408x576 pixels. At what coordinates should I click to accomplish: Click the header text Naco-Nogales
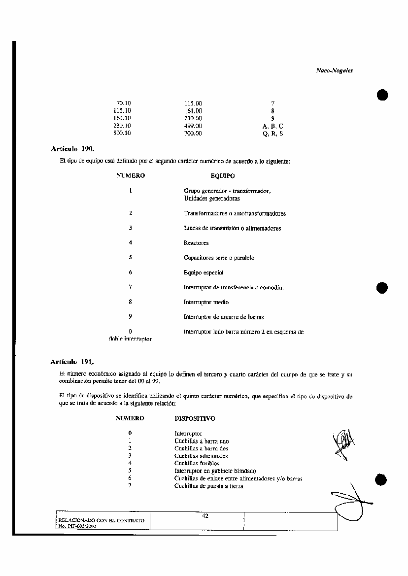tap(334, 70)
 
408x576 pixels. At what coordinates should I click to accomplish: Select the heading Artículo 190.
tap(72, 148)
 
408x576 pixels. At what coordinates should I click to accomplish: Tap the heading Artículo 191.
tap(72, 362)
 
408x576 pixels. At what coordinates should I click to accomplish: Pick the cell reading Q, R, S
tap(273, 134)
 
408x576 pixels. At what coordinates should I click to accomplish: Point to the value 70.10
tap(123, 103)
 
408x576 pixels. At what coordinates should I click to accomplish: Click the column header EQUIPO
tap(222, 175)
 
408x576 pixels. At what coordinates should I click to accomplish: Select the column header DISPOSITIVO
tap(195, 418)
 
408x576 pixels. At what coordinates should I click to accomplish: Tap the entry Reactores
tap(196, 243)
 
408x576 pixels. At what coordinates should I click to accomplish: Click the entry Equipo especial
tap(204, 272)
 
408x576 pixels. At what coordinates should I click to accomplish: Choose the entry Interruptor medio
tap(206, 302)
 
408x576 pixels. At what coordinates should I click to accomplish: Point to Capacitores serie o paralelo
tap(219, 258)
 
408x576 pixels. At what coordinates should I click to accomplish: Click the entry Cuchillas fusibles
tap(197, 463)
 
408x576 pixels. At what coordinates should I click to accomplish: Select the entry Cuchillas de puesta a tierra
tap(208, 486)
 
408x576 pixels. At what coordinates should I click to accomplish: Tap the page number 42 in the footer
tap(205, 516)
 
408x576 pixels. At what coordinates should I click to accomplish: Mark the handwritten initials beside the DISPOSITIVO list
tap(344, 443)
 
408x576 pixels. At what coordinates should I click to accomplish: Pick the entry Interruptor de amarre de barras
tap(220, 317)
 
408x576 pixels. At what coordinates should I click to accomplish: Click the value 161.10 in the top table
tap(122, 118)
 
